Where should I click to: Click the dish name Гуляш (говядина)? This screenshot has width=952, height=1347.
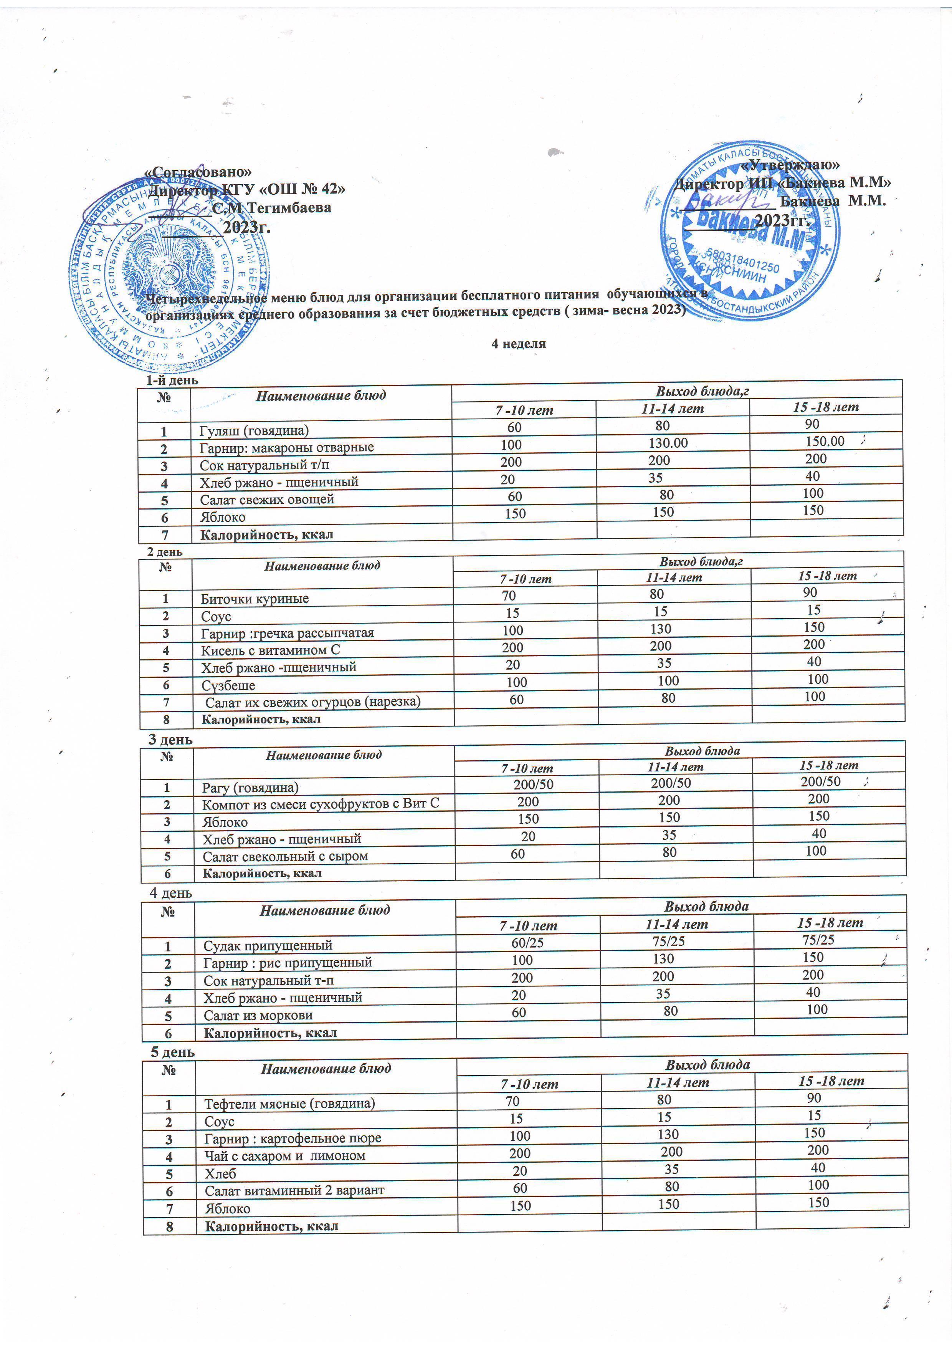253,430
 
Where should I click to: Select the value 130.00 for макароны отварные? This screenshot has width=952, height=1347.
668,443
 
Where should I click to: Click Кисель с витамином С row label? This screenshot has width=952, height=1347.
270,650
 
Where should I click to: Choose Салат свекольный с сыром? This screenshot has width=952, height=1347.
285,857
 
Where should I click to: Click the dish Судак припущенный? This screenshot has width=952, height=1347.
268,945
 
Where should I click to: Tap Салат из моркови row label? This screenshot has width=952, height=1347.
258,1015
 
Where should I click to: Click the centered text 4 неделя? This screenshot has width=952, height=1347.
519,344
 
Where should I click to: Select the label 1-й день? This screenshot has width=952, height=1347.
172,380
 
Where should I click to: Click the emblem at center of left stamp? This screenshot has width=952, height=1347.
169,270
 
